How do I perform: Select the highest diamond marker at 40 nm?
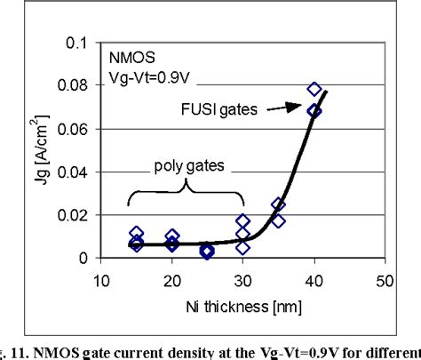pos(314,89)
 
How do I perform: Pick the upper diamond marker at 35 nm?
pos(278,205)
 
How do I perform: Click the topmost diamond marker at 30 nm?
pos(242,220)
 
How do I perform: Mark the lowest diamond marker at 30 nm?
pos(242,247)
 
